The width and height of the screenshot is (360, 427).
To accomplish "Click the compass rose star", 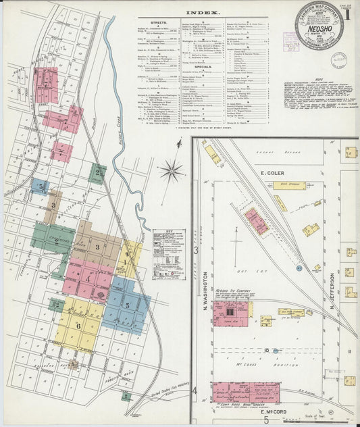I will (172, 170).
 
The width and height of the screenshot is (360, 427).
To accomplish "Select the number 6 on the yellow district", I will (78, 325).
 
